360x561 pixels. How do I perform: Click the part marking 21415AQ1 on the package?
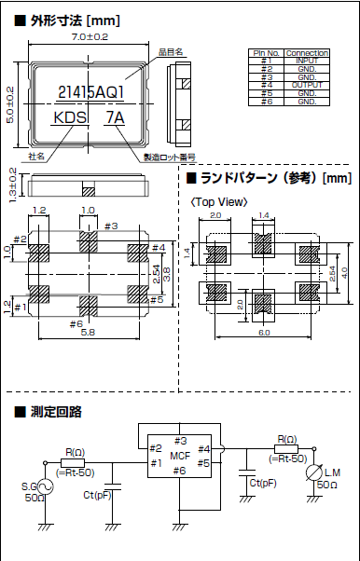[90, 91]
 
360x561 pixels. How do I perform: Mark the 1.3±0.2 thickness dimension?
[11, 184]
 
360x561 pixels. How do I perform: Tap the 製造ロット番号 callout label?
[167, 157]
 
